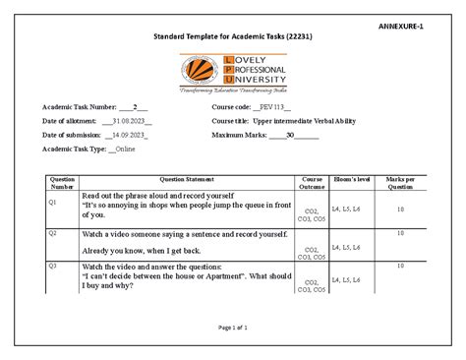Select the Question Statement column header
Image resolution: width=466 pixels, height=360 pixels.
186,179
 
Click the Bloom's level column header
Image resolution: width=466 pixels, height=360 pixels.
346,179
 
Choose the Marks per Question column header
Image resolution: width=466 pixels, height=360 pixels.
400,183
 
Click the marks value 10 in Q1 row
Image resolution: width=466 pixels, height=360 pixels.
400,209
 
